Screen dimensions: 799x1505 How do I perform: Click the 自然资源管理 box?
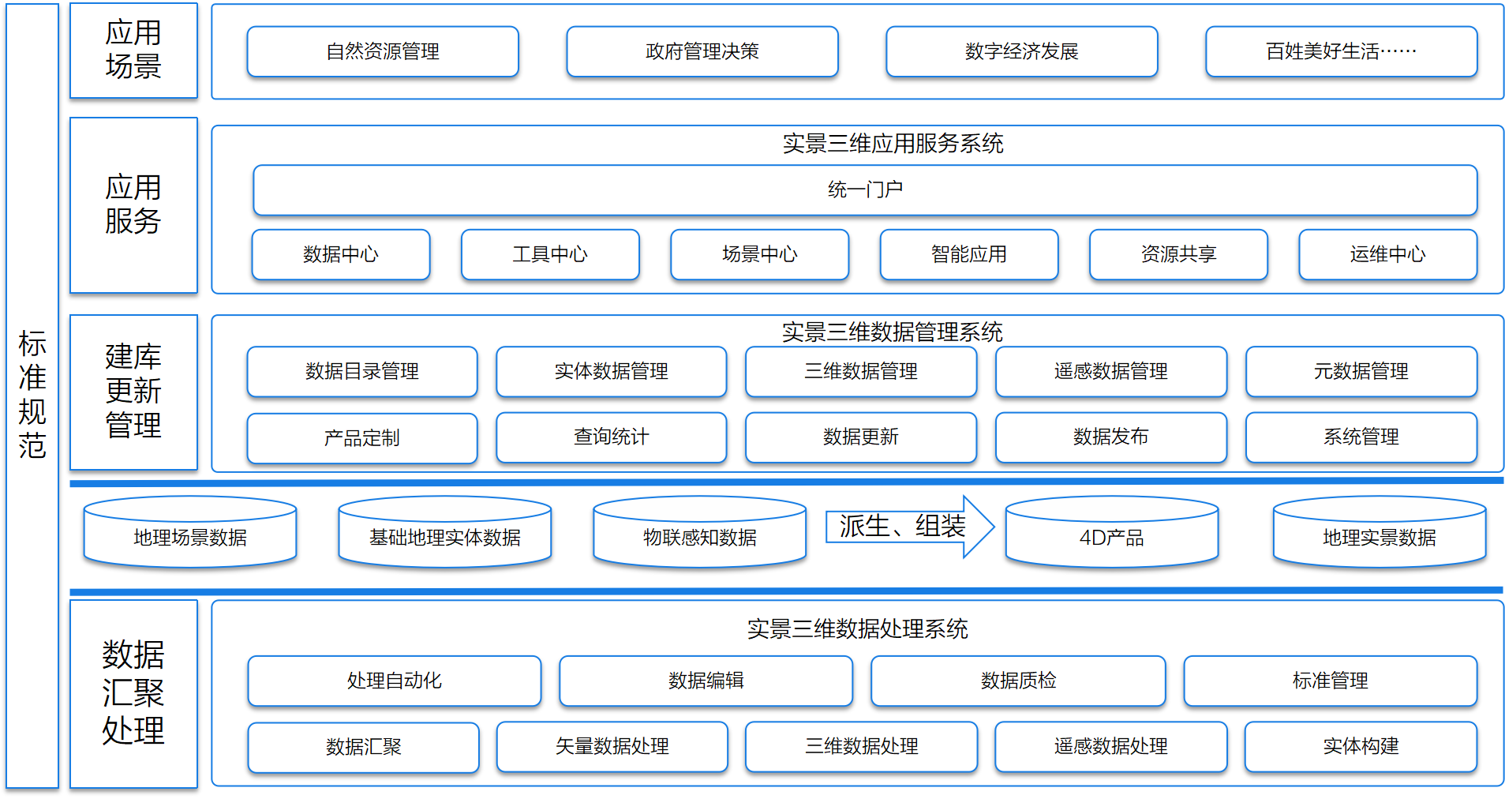(x=383, y=51)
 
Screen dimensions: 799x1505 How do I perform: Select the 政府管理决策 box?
(x=702, y=51)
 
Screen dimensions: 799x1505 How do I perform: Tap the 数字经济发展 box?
(x=1021, y=51)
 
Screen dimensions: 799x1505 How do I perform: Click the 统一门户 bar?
(x=865, y=189)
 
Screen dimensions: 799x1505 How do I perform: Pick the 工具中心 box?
(x=550, y=254)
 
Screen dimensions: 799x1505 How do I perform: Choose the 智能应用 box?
(x=968, y=254)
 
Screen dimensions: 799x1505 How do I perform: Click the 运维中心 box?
(x=1387, y=254)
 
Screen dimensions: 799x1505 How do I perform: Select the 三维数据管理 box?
(x=861, y=371)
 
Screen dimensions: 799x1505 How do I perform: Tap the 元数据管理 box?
(x=1361, y=371)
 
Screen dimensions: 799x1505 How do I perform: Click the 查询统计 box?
(x=611, y=437)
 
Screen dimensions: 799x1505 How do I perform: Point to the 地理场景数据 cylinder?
(x=190, y=537)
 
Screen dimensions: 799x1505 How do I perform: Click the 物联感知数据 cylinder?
(x=699, y=537)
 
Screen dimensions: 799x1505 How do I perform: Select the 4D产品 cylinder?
(x=1111, y=537)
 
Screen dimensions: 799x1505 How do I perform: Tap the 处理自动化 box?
(x=394, y=681)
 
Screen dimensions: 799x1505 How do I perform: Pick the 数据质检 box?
(x=1018, y=681)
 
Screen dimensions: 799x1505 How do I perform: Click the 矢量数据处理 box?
(x=612, y=746)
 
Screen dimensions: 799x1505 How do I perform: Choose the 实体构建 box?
(x=1361, y=746)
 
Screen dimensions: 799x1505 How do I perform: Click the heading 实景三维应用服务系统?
(x=893, y=144)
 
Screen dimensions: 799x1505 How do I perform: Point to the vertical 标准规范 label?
(x=32, y=395)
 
